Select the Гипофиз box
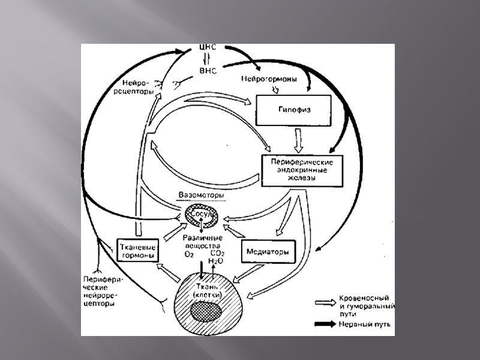point(294,110)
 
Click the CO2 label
point(217,254)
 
